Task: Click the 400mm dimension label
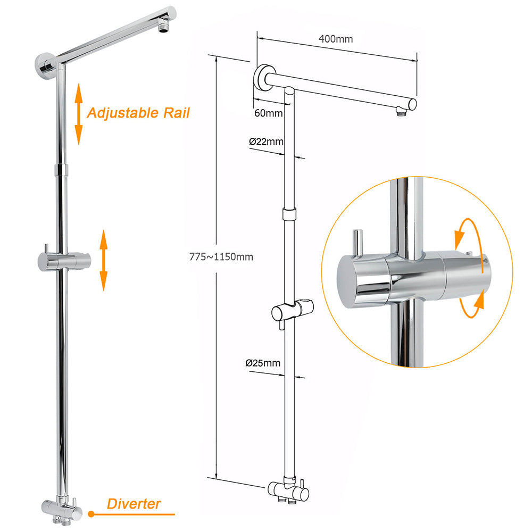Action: (x=336, y=39)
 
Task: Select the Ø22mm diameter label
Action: (x=266, y=142)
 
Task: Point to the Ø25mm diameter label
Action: (x=263, y=363)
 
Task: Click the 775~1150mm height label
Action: (x=221, y=256)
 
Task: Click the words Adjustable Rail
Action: (x=138, y=113)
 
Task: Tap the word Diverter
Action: (x=134, y=503)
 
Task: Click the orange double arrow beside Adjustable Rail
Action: (x=79, y=113)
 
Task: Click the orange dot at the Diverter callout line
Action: (x=91, y=514)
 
